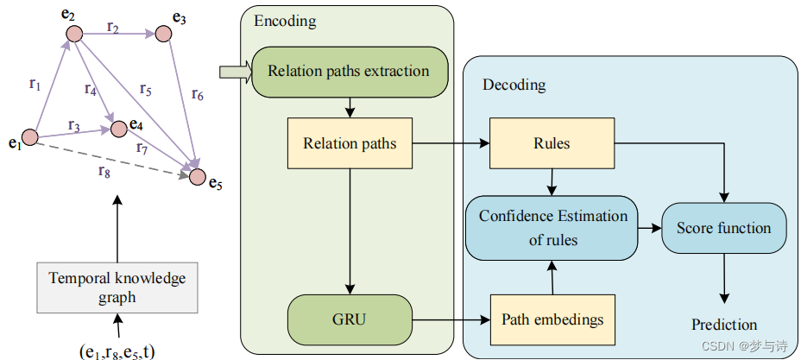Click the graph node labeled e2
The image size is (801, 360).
click(x=74, y=35)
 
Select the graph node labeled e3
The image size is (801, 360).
click(x=164, y=35)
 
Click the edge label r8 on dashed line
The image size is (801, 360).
click(x=105, y=170)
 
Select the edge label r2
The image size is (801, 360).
click(x=113, y=27)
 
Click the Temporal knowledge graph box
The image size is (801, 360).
click(x=117, y=287)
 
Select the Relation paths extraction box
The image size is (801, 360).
click(x=349, y=72)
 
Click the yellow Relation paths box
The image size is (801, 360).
click(x=350, y=143)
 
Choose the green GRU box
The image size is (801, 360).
click(x=350, y=319)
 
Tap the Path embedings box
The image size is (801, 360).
click(x=552, y=319)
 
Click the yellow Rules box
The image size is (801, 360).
click(x=552, y=143)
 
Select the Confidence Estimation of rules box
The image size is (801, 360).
click(x=552, y=228)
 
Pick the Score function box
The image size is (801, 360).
click(x=723, y=228)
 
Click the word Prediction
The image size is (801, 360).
click(x=723, y=325)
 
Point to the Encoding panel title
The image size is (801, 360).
click(x=285, y=21)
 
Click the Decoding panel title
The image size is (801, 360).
click(x=514, y=85)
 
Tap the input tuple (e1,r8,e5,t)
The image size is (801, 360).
click(x=118, y=350)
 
